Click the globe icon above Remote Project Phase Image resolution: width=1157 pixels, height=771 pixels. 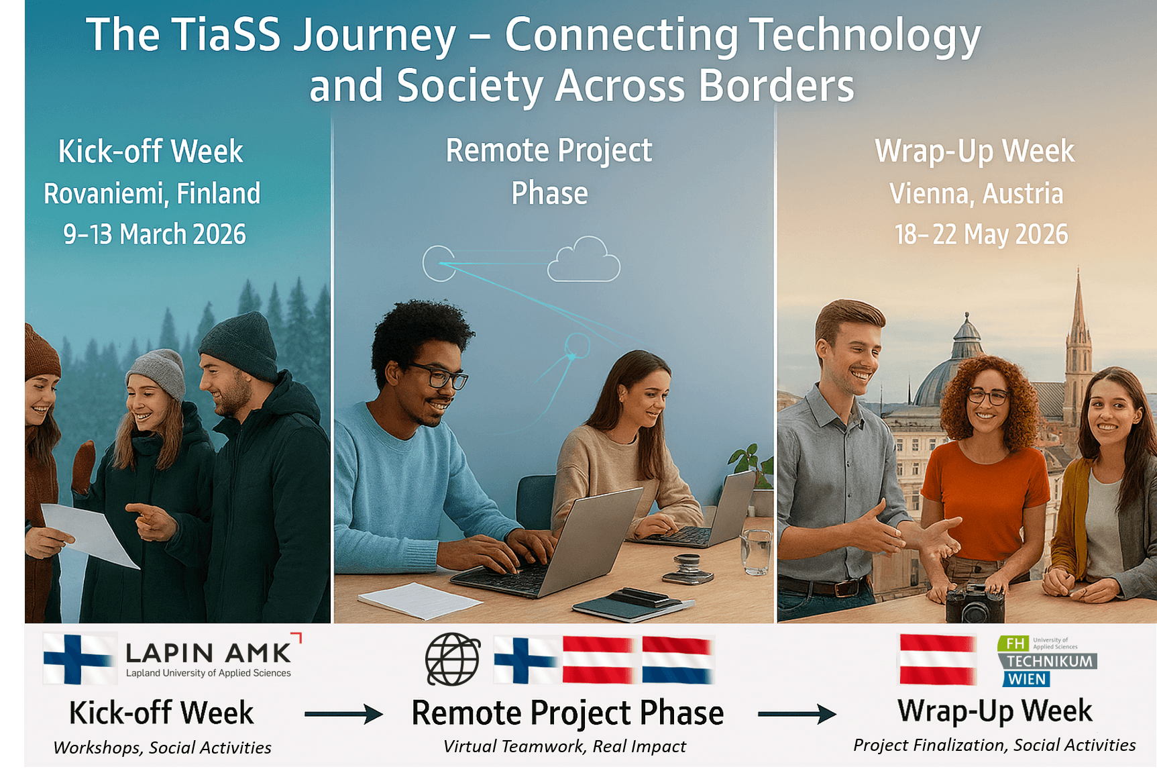click(453, 659)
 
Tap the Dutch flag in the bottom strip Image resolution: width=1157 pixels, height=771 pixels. click(677, 660)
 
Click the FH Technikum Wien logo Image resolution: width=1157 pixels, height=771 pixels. click(1047, 661)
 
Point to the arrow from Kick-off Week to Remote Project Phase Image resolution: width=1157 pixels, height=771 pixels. click(343, 713)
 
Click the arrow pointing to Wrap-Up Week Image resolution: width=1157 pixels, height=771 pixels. click(797, 713)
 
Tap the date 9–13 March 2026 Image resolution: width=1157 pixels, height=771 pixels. click(154, 235)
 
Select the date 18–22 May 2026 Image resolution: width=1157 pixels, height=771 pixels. click(981, 235)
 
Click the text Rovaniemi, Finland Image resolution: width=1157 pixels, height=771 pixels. click(152, 194)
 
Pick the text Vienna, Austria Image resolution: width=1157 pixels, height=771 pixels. click(976, 194)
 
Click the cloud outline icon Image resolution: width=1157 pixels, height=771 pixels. click(584, 262)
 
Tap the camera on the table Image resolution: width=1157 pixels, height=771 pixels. click(976, 604)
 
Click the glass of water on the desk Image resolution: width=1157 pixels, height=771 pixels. click(756, 552)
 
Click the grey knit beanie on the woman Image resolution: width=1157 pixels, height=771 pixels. click(158, 372)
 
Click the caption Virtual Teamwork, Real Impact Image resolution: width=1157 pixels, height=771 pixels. click(565, 746)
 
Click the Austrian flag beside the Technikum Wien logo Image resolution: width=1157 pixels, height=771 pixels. click(938, 660)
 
